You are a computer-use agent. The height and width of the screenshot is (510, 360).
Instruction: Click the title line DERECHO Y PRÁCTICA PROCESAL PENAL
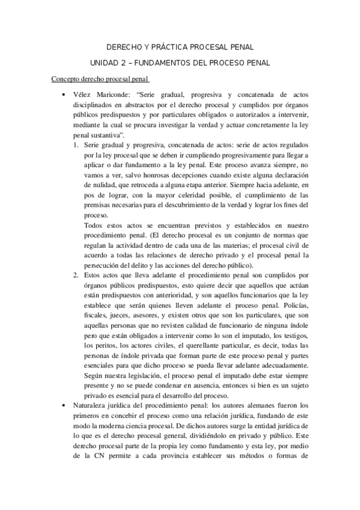pyautogui.click(x=180, y=46)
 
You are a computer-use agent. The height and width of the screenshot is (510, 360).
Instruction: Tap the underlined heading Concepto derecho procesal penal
pyautogui.click(x=100, y=79)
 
